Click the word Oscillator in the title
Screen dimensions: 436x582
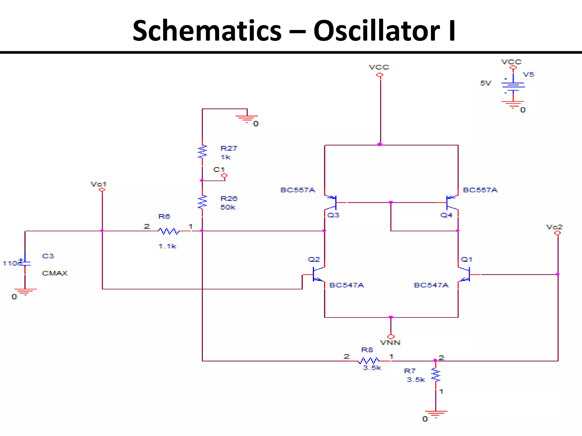click(x=377, y=31)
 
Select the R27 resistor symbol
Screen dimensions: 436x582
click(x=202, y=152)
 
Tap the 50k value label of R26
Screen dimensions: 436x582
click(x=228, y=207)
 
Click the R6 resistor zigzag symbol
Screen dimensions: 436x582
click(x=169, y=231)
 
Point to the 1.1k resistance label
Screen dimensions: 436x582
click(x=167, y=246)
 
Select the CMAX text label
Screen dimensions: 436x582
click(x=55, y=273)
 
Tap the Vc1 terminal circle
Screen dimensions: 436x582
click(x=102, y=190)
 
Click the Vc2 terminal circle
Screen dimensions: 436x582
click(x=558, y=233)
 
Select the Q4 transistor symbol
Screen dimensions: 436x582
click(x=452, y=202)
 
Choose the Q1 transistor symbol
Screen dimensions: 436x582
click(x=464, y=274)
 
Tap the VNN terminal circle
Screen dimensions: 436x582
click(x=391, y=337)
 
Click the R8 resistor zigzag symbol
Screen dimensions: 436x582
click(x=368, y=361)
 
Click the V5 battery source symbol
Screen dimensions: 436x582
click(x=513, y=87)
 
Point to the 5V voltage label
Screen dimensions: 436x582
click(x=485, y=83)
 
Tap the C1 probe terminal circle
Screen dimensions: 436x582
click(x=224, y=176)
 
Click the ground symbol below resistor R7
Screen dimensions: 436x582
click(x=436, y=413)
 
